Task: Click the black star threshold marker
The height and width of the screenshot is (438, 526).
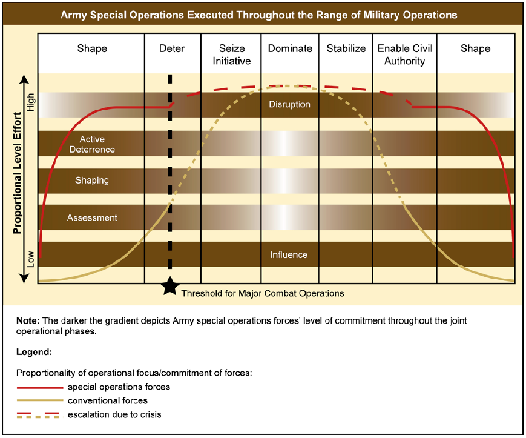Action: pos(170,287)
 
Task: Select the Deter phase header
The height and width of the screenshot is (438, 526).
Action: pos(172,48)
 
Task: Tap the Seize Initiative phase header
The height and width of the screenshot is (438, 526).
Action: pos(231,55)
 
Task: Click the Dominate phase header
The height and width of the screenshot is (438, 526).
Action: pos(290,48)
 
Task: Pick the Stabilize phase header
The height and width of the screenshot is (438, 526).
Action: pos(346,48)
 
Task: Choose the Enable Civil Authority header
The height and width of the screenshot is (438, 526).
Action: pos(404,55)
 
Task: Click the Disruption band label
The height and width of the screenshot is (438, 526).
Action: pos(289,104)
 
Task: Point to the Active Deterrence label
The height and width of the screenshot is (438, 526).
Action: pos(92,144)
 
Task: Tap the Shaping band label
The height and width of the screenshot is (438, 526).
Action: pos(92,180)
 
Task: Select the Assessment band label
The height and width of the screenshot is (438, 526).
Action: pos(92,217)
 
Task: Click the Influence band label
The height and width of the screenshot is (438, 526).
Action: pos(289,254)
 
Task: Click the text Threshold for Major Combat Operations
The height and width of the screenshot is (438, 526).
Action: pos(263,293)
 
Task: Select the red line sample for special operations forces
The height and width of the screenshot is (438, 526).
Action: pos(39,387)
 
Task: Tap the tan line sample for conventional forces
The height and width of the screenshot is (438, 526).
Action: pos(39,401)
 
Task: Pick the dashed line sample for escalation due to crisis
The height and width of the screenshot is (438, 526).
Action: pos(39,415)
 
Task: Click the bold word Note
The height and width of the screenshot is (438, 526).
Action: pos(27,320)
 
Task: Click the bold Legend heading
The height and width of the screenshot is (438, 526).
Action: pos(35,351)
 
